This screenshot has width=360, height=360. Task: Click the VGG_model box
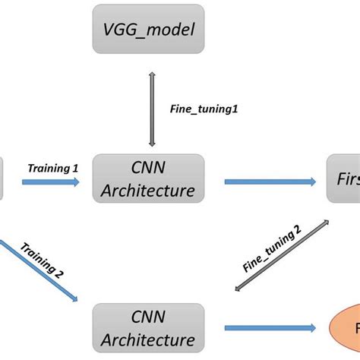pos(148,30)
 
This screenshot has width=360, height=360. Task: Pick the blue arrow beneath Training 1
pos(50,182)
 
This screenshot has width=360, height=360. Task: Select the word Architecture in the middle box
pos(148,190)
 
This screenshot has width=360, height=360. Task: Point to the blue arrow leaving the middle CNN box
pos(270,182)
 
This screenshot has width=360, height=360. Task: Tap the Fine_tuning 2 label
pos(272,250)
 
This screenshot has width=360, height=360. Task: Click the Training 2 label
pos(42,258)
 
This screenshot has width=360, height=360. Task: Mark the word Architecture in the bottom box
pos(148,339)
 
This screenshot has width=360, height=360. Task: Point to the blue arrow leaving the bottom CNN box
pos(270,329)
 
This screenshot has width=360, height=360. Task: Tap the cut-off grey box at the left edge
pos(2,179)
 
